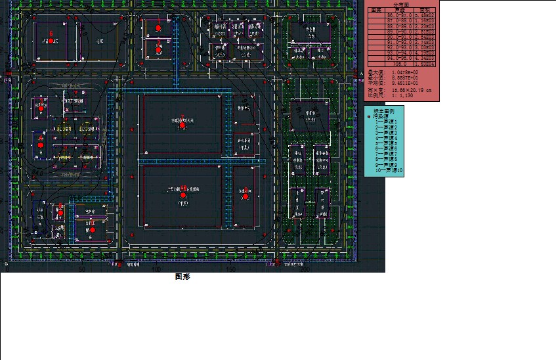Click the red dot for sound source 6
[x=51, y=41]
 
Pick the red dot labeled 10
[x=93, y=230]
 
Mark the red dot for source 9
[x=60, y=212]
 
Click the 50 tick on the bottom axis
[x=82, y=269]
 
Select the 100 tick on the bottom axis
[x=156, y=269]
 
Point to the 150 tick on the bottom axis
[x=230, y=269]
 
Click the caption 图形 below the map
[x=182, y=277]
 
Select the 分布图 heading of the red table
[x=400, y=5]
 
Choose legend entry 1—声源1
[x=387, y=122]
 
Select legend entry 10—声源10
[x=389, y=171]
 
